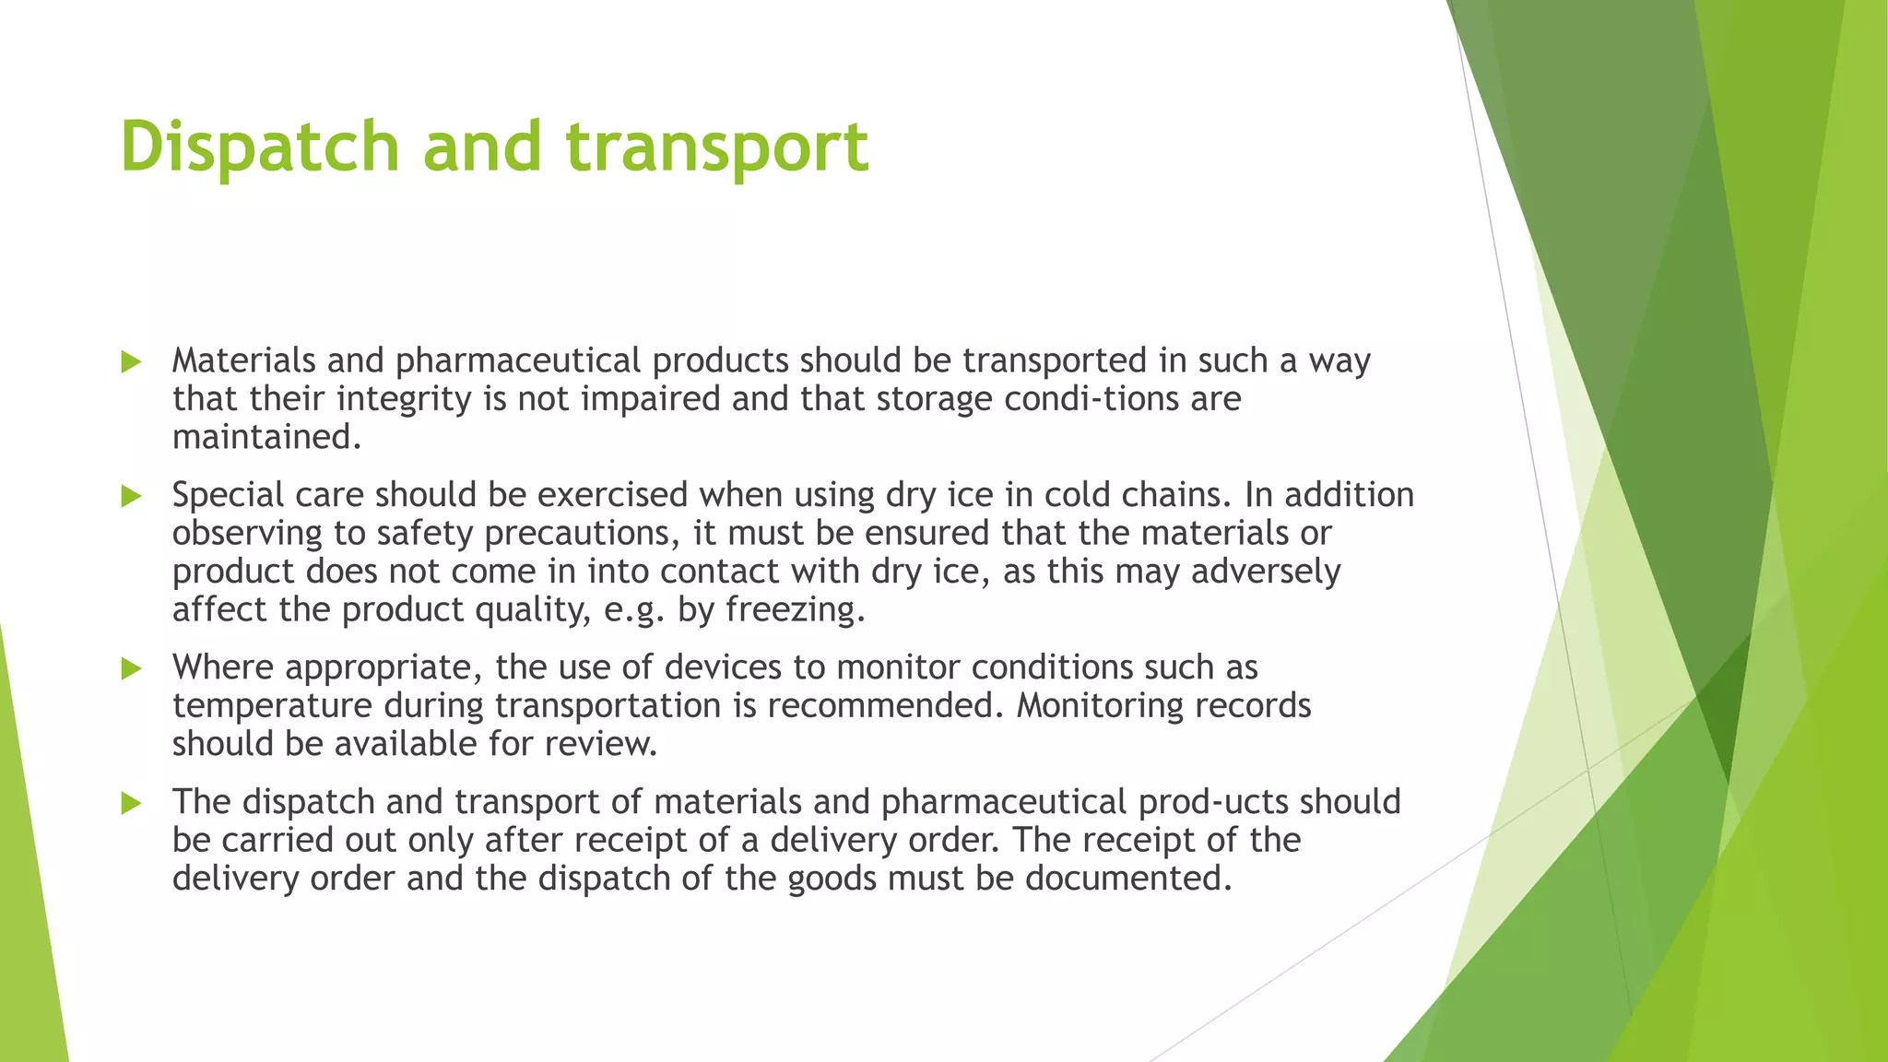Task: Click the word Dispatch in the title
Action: pyautogui.click(x=259, y=147)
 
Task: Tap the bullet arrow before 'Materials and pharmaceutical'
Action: pyautogui.click(x=131, y=362)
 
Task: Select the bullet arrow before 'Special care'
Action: pyautogui.click(x=131, y=497)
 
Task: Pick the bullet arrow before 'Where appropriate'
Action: pyautogui.click(x=131, y=668)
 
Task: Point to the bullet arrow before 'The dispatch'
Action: pyautogui.click(x=131, y=803)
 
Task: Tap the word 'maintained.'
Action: pyautogui.click(x=266, y=437)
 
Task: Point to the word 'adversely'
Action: pyautogui.click(x=1265, y=572)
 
